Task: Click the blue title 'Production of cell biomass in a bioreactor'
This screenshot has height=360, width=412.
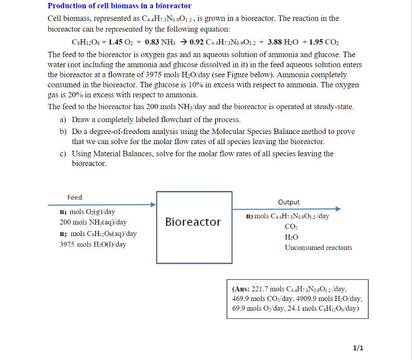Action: point(119,6)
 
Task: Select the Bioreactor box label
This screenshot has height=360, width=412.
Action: point(193,222)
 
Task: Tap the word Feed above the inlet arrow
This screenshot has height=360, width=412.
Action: point(75,197)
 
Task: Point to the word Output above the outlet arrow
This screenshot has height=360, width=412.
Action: point(289,202)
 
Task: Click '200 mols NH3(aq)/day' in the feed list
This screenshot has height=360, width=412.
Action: point(93,222)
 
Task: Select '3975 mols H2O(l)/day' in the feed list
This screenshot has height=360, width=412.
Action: point(93,244)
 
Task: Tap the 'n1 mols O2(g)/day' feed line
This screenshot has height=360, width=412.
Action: point(87,212)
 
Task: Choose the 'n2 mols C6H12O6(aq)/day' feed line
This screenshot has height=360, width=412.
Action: point(98,234)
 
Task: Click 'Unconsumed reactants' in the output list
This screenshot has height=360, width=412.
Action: point(318,247)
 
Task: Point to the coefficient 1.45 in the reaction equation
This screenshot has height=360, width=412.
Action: point(117,42)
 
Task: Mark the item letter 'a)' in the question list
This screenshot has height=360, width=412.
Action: point(63,120)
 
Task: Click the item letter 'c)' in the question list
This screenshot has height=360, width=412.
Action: point(63,154)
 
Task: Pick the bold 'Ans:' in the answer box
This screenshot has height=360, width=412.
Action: point(240,289)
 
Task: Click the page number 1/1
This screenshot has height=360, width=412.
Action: point(357,348)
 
